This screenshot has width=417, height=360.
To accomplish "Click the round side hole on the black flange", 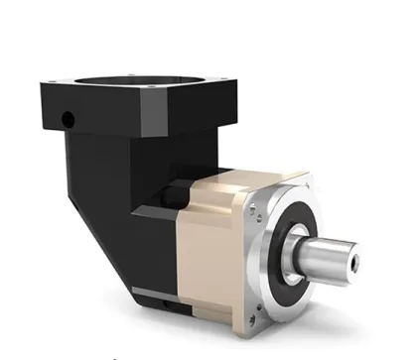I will (68, 120).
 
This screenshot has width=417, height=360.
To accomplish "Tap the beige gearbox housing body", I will (213, 248).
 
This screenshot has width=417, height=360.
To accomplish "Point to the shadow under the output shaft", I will (328, 298).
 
